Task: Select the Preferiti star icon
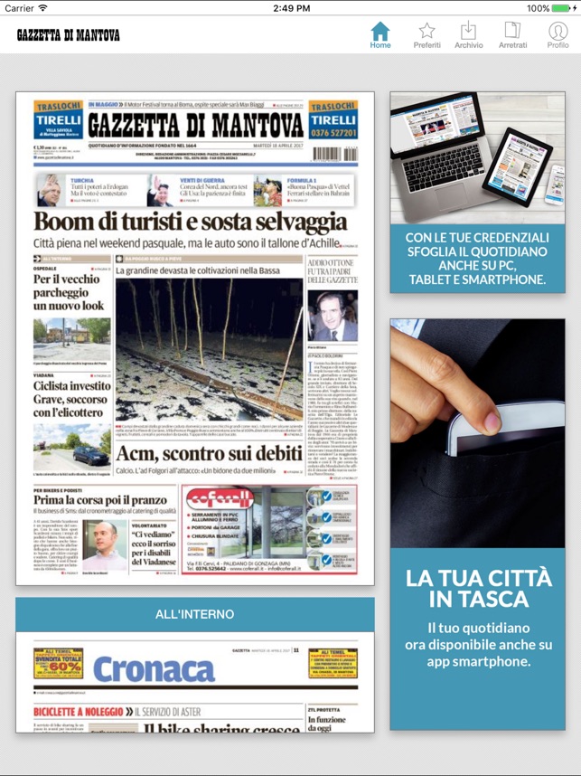point(426,31)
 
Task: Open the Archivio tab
point(468,31)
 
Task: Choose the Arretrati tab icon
point(512,31)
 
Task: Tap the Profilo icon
point(558,31)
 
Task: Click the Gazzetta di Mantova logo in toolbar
point(69,35)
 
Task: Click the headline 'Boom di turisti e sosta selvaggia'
point(190,222)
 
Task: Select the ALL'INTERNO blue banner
point(195,614)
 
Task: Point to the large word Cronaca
point(153,668)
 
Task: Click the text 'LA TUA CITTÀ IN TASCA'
point(478,589)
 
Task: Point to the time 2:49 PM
point(291,8)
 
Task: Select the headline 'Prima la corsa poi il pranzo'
point(100,500)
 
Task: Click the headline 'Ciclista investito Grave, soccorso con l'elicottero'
point(71,399)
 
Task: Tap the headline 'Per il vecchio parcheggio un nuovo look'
point(69,292)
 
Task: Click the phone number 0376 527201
point(333,132)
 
